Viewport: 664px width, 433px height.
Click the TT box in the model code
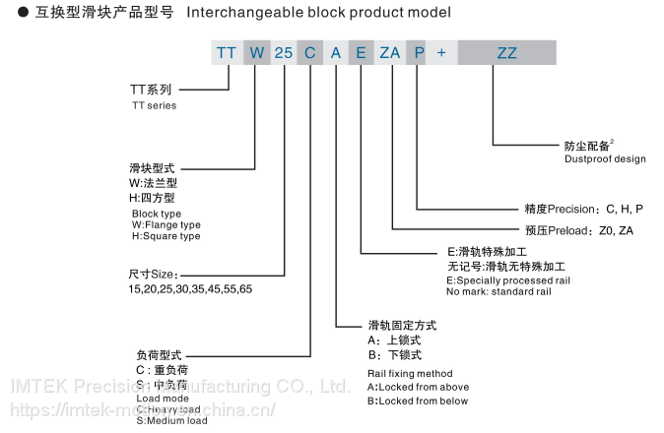click(227, 53)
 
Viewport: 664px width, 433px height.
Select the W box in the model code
click(255, 53)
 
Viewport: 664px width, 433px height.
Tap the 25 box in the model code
click(283, 53)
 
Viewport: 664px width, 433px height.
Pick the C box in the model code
click(310, 53)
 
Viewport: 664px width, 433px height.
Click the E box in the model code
click(362, 53)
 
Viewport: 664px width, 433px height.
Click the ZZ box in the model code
click(507, 53)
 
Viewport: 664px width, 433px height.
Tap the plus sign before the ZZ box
click(441, 53)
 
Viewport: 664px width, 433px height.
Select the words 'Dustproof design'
click(605, 158)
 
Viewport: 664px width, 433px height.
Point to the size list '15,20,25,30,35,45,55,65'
click(190, 288)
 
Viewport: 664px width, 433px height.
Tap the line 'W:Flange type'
click(166, 224)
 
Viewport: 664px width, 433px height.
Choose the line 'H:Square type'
click(166, 236)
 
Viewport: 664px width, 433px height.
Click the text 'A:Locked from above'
click(418, 387)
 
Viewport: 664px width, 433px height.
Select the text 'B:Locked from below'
click(418, 401)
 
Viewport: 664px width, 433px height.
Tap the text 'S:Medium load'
click(171, 421)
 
